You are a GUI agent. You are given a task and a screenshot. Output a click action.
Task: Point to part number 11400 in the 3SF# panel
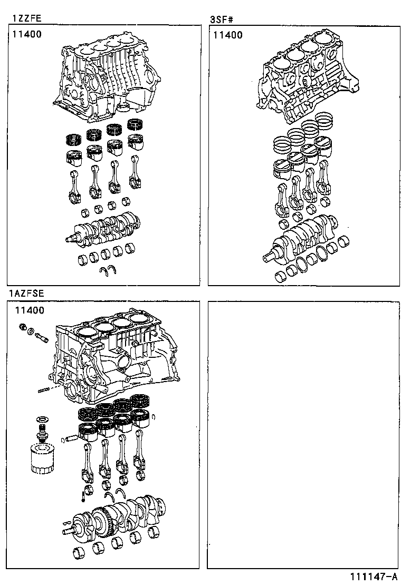pyautogui.click(x=228, y=35)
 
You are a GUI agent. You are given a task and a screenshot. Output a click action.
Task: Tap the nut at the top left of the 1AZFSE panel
pyautogui.click(x=23, y=327)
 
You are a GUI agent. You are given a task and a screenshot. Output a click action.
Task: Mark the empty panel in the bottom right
pyautogui.click(x=303, y=435)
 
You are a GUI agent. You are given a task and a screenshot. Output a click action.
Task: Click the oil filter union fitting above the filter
pyautogui.click(x=41, y=429)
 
